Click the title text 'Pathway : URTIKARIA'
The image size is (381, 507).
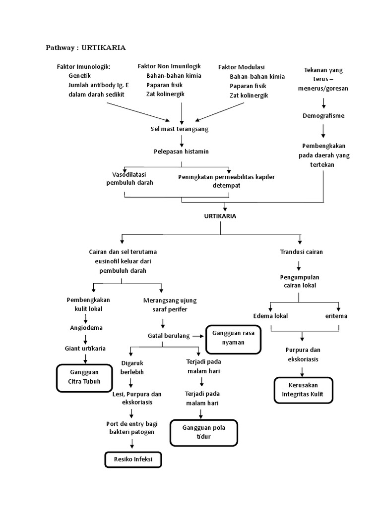(86, 48)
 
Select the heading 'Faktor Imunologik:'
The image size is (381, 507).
(83, 67)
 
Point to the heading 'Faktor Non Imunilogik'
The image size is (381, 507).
(169, 66)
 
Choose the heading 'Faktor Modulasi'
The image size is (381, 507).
(242, 67)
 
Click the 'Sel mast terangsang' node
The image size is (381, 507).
(180, 129)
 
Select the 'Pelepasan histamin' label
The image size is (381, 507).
(181, 151)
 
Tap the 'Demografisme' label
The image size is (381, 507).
(323, 116)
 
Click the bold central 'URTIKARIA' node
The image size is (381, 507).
(220, 216)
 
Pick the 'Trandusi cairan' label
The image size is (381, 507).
(301, 252)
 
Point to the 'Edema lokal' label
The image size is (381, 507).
(270, 316)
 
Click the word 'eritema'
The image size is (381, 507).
(336, 316)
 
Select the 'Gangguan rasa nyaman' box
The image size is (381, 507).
(233, 338)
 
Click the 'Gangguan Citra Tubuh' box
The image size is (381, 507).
(85, 376)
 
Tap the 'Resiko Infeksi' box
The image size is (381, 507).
(133, 459)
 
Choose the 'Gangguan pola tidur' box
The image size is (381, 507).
(203, 432)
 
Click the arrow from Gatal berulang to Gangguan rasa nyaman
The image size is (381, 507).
(198, 336)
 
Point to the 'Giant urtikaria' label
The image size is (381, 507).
(85, 349)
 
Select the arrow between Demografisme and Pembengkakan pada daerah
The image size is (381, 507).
(323, 131)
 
